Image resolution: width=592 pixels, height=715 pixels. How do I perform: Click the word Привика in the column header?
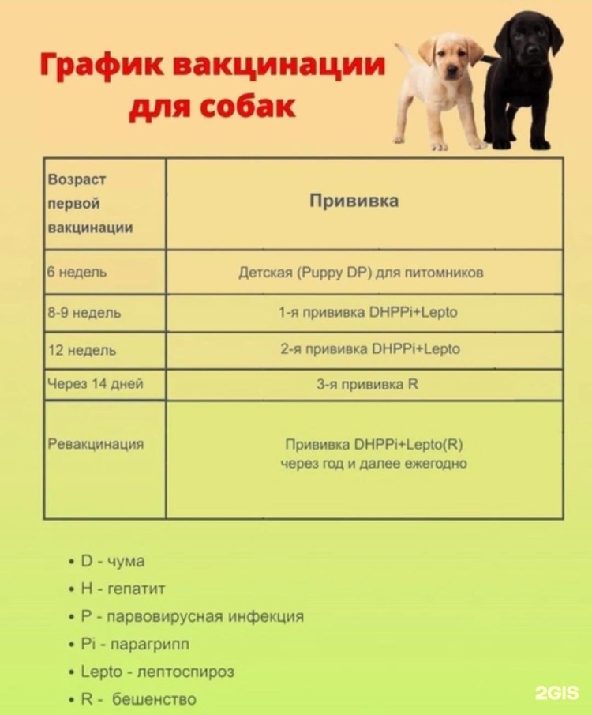(x=354, y=201)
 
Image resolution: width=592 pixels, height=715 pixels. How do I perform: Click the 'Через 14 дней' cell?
(x=96, y=385)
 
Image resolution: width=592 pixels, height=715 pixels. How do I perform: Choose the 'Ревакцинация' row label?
(x=96, y=444)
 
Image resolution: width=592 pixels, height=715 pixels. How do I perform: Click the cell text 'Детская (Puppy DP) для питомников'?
(x=361, y=273)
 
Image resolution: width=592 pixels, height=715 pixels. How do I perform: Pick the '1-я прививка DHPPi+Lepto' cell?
(x=368, y=312)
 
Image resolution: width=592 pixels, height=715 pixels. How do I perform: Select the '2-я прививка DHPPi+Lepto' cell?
(x=370, y=348)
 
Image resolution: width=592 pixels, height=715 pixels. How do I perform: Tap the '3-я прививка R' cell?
(x=367, y=385)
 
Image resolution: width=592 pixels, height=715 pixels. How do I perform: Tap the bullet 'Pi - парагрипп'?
(x=135, y=644)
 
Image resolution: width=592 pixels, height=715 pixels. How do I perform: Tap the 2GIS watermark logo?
(x=556, y=693)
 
